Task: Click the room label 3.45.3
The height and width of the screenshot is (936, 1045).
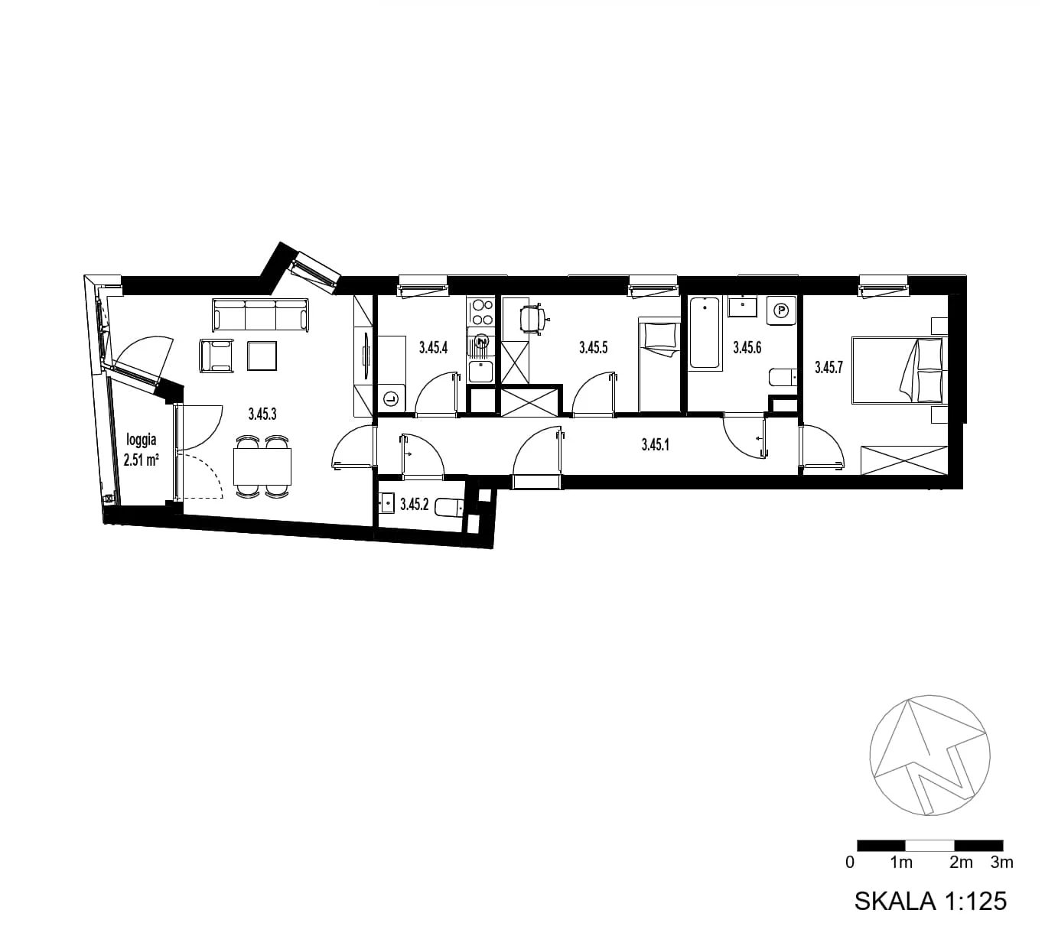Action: [x=262, y=414]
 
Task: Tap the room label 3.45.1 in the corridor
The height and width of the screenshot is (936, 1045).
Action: [x=656, y=444]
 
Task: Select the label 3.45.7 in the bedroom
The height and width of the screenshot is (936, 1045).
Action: [x=829, y=367]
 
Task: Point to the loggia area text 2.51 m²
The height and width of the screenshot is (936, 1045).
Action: [x=141, y=460]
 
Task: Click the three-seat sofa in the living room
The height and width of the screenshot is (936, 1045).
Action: [x=260, y=315]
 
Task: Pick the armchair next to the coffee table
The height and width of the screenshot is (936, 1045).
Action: [x=216, y=356]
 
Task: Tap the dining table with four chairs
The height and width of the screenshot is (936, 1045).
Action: [x=262, y=466]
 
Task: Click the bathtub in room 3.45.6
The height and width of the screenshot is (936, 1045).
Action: [x=705, y=333]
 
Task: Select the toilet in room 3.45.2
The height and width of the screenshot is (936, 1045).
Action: [x=450, y=508]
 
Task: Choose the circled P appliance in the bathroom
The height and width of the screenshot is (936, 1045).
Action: [x=781, y=310]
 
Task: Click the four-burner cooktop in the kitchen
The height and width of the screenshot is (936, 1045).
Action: [x=480, y=311]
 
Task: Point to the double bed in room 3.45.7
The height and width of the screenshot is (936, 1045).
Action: [x=900, y=370]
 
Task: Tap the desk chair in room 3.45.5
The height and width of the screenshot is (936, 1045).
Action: [x=532, y=320]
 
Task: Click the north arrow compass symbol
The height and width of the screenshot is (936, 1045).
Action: [x=930, y=756]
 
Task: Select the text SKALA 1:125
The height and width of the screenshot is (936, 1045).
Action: [x=930, y=901]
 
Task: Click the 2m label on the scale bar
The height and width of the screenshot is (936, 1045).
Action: [x=961, y=863]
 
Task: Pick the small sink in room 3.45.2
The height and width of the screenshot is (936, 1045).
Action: [x=386, y=503]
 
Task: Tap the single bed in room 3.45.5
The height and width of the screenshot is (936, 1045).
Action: [x=659, y=364]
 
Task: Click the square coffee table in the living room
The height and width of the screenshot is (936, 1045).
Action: [x=262, y=356]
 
